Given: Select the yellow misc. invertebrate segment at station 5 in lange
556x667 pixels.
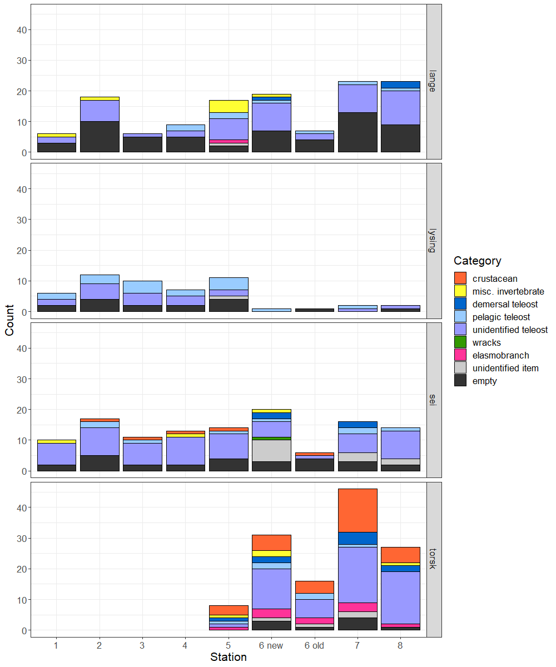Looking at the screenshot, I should (x=229, y=106).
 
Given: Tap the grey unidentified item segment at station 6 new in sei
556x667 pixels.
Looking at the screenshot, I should (x=271, y=451).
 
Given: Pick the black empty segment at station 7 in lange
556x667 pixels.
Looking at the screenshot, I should (x=358, y=132).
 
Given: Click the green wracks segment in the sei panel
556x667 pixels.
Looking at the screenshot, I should (x=271, y=439).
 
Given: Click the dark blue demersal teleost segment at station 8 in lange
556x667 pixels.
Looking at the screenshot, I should (x=400, y=84).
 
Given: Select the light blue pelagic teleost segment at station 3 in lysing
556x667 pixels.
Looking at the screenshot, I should (x=143, y=287).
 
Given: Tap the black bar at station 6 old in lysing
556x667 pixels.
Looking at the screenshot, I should (x=314, y=310).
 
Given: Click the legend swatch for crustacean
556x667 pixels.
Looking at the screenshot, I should (x=460, y=278).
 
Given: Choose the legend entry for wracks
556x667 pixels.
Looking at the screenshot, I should (x=487, y=342).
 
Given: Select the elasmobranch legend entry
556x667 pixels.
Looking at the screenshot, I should (x=500, y=355).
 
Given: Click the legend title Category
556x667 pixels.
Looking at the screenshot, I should (x=477, y=261).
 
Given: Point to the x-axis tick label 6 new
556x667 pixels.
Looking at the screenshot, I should (x=271, y=645).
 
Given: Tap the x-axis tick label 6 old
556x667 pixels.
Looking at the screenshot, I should (x=314, y=645).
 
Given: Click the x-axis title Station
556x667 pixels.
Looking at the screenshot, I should (x=229, y=658).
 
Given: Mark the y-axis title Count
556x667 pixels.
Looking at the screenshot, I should (x=9, y=320).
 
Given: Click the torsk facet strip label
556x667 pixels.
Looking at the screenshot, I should (x=434, y=559).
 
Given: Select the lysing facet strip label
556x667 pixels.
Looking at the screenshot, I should (x=434, y=240).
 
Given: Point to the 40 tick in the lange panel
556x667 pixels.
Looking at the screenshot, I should (x=21, y=29).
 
